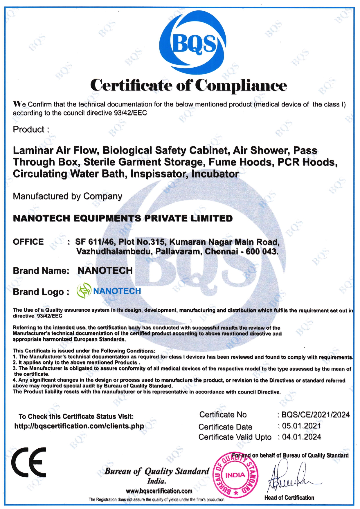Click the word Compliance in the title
241,85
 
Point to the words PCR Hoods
307,162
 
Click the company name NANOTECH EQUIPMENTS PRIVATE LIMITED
123,218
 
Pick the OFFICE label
28,242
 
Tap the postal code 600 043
262,251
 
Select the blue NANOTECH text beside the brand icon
117,291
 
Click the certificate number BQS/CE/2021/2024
315,415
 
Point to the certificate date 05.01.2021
301,426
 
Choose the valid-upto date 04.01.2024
301,437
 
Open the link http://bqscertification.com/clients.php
79,426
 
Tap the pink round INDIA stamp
235,475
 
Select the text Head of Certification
289,498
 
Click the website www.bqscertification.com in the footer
159,491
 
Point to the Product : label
31,129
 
